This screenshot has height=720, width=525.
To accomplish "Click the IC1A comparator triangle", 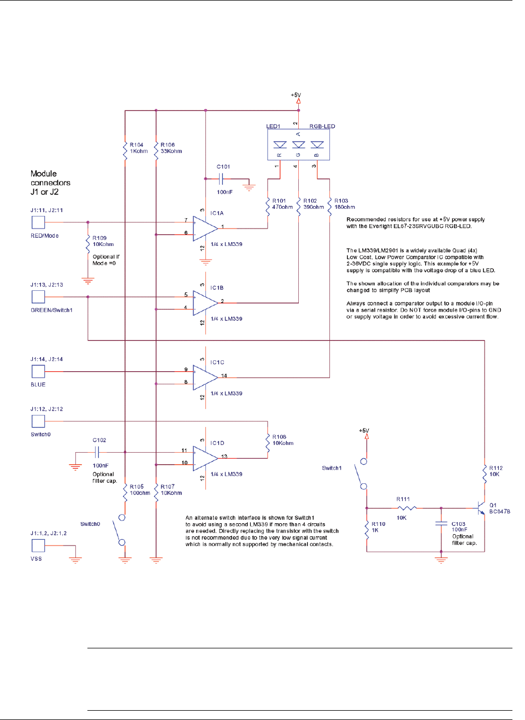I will pyautogui.click(x=205, y=227).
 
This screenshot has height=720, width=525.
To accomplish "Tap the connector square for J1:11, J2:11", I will pyautogui.click(x=38, y=222).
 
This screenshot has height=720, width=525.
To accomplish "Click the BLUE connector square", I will pyautogui.click(x=38, y=371).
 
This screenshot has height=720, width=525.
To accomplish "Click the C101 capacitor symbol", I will pyautogui.click(x=221, y=179).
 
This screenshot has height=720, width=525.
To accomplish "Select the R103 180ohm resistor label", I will pyautogui.click(x=344, y=204).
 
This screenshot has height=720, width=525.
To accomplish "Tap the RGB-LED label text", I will pyautogui.click(x=322, y=126).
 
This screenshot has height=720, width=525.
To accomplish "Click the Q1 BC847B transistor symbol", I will pyautogui.click(x=481, y=508).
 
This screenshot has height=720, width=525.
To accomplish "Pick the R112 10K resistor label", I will pyautogui.click(x=495, y=471).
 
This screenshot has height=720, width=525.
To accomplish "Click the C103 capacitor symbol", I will pyautogui.click(x=441, y=524).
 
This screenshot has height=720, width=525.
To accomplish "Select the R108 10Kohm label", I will pyautogui.click(x=282, y=440).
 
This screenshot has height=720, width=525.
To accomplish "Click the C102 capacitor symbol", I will pyautogui.click(x=97, y=452).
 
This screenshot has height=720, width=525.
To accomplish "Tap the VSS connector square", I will pyautogui.click(x=38, y=545).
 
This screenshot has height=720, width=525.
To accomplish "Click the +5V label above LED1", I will pyautogui.click(x=296, y=95).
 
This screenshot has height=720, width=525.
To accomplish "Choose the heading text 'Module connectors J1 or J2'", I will pyautogui.click(x=50, y=183).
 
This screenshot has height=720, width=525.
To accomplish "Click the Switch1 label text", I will pyautogui.click(x=332, y=468).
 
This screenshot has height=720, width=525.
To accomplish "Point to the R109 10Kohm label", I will pyautogui.click(x=103, y=241).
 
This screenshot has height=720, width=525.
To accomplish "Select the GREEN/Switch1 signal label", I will pyautogui.click(x=51, y=310).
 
